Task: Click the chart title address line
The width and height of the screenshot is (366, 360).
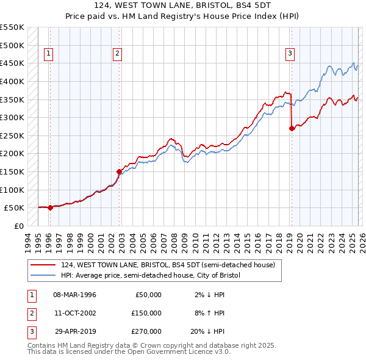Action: (183, 5)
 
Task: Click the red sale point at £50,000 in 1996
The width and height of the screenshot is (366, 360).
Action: (50, 207)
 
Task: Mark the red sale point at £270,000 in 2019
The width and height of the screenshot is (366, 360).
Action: (292, 128)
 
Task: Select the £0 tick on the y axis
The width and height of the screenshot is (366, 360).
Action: (18, 226)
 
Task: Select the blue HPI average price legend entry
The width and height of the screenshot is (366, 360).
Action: (151, 275)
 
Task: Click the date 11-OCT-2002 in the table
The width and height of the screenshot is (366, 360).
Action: (75, 313)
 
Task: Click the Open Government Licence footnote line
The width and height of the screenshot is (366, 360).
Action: (129, 352)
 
